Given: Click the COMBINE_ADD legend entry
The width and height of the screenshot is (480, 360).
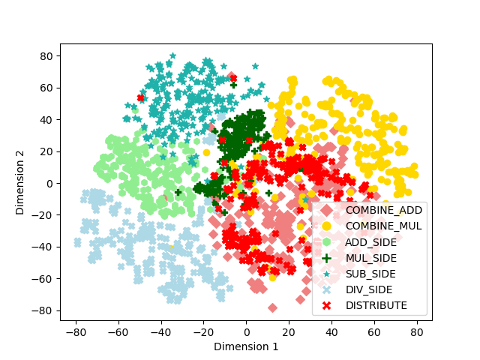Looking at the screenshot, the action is coord(384,210).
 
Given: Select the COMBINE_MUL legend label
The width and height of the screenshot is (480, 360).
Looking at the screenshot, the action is coord(383,226).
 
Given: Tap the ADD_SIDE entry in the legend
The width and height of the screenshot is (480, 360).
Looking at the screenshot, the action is coord(370,242).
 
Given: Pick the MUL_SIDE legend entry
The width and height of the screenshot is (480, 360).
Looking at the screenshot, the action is coord(371,258).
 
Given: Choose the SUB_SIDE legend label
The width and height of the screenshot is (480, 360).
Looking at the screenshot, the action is coord(370,274).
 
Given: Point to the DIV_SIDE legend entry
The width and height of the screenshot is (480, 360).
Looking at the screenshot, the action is coord(369,290).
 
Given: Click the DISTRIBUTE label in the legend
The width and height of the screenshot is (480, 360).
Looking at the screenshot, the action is coord(376,305).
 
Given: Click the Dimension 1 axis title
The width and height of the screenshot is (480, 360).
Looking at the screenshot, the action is coord(246,346).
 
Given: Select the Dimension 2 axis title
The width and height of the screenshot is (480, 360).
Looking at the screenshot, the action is coord(20,183).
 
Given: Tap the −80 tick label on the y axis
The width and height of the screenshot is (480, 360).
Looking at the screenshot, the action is coord(42,310).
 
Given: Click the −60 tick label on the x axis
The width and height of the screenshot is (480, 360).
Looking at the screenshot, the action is coord(118,332).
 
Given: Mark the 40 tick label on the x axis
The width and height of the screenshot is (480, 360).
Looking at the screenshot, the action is coord(331,332).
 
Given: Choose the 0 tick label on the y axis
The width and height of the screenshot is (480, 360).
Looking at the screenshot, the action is coord(49,184).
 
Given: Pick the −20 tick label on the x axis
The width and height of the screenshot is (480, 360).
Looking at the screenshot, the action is coord(203,332).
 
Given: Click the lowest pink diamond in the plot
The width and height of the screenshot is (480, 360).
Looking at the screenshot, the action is coord(272,308).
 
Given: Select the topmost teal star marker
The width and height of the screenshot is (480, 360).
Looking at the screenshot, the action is coord(172,55).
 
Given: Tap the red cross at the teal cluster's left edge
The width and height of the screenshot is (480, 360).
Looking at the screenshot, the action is coord(140,98).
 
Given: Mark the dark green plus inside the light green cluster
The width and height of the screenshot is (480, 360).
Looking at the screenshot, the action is coord(178,192).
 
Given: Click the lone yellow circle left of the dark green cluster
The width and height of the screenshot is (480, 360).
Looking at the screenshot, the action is coord(207,152).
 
